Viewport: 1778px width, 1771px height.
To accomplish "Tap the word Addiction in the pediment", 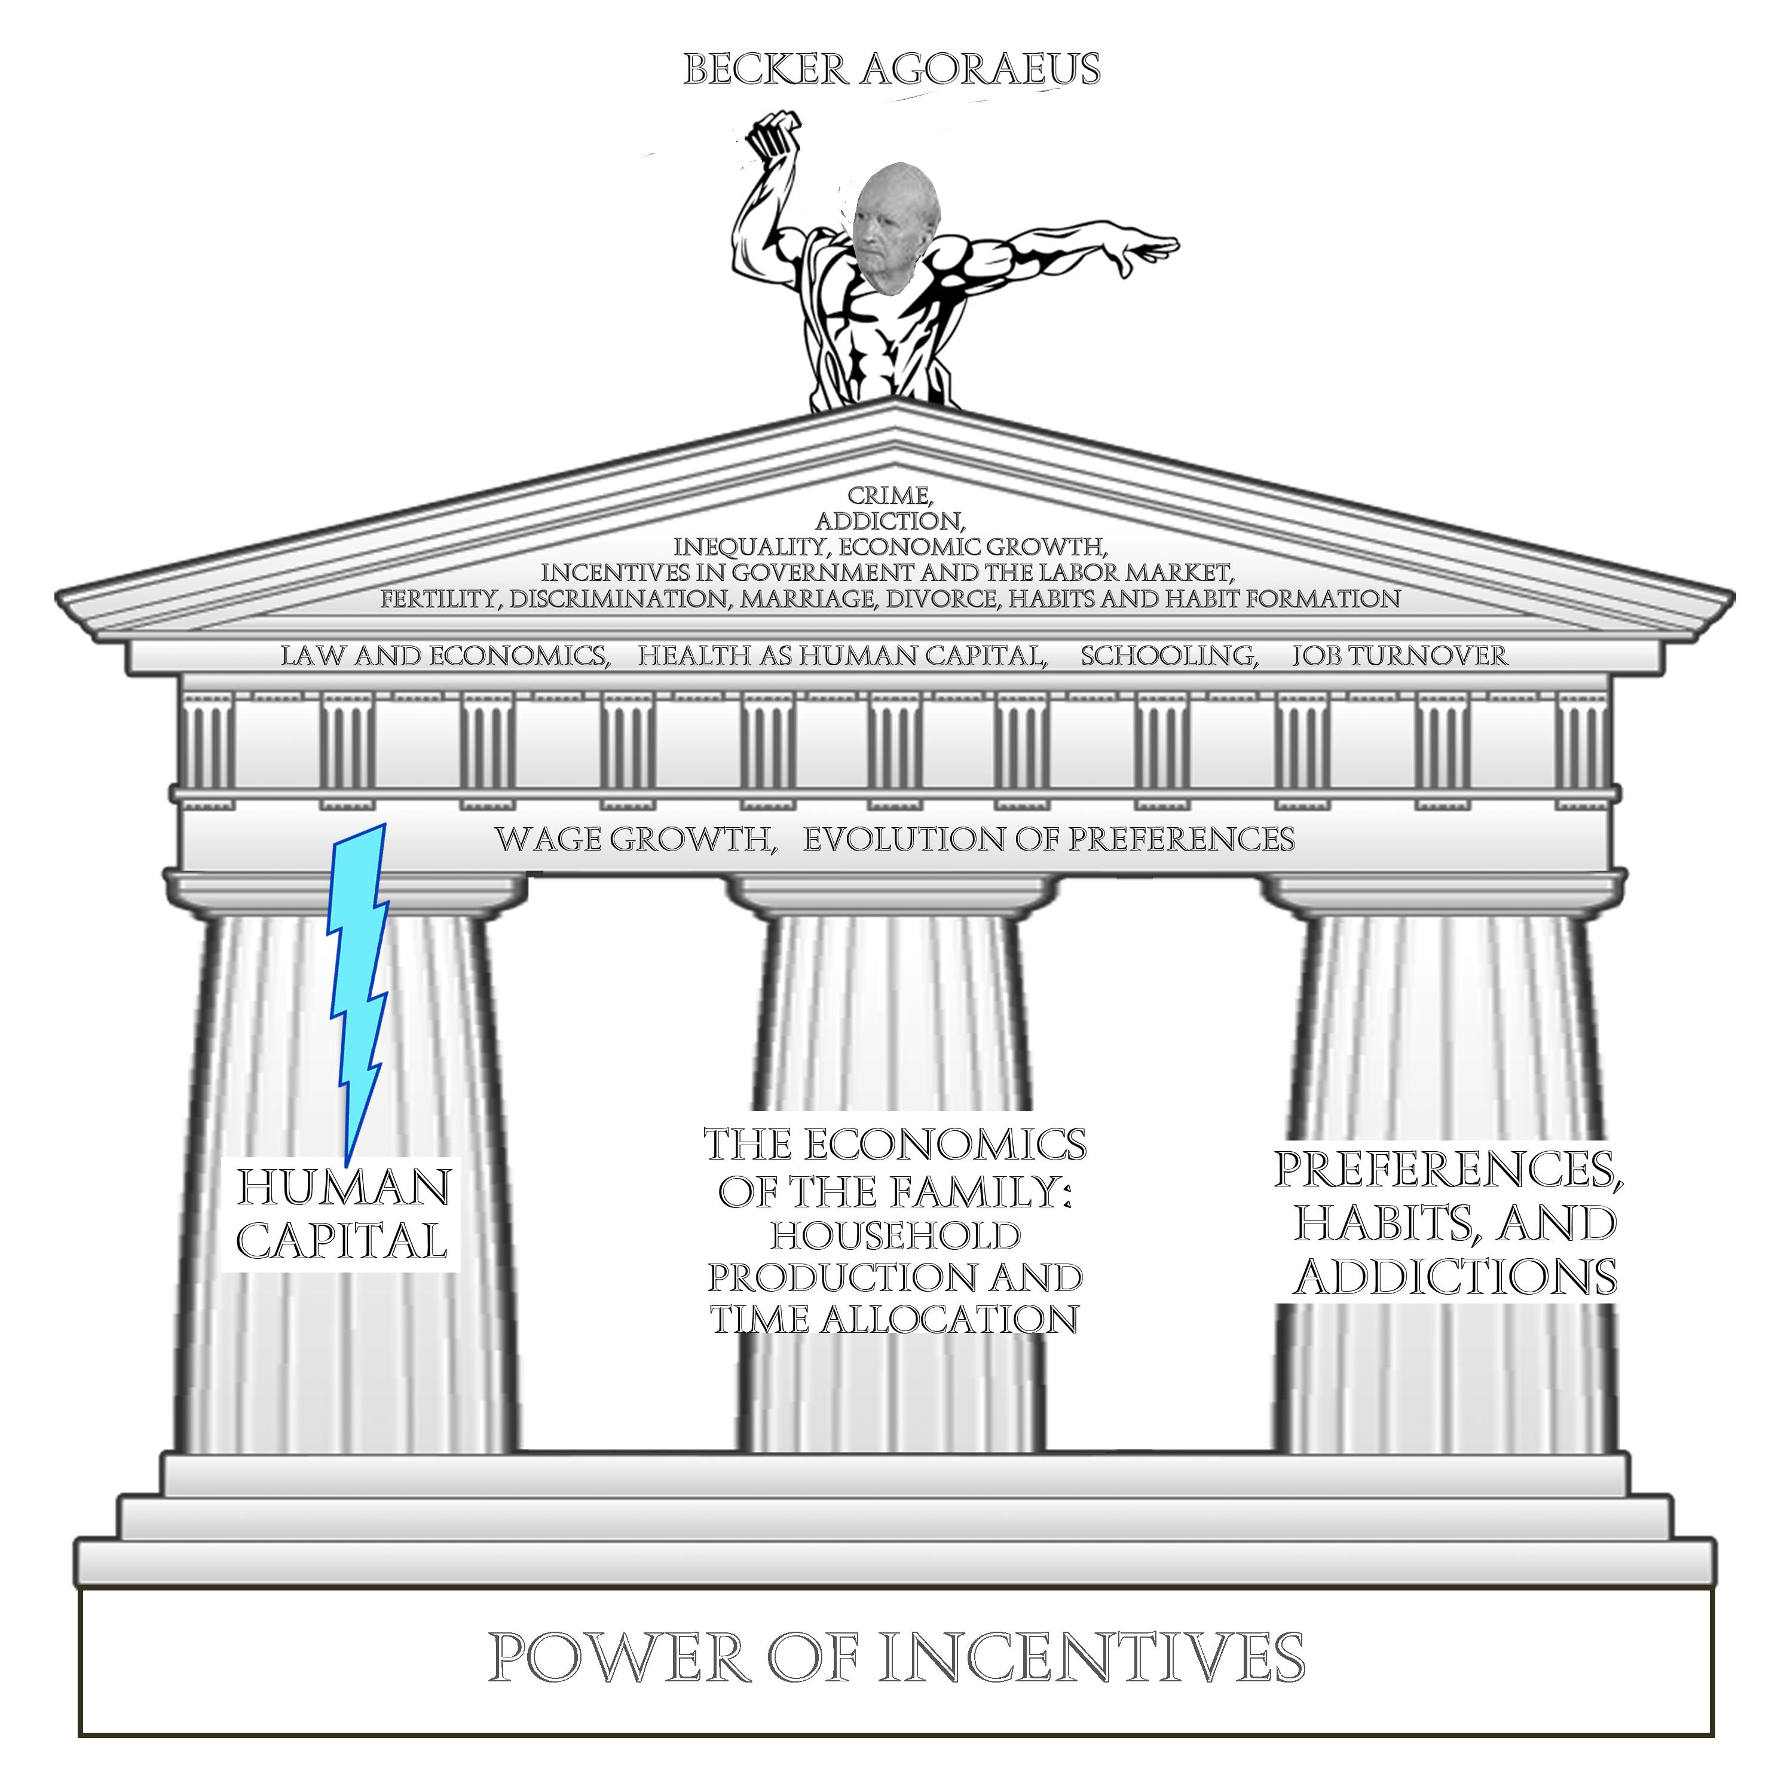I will point(889,522).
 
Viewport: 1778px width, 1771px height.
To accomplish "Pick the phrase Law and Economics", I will point(445,656).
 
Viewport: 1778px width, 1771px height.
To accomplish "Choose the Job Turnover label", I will point(1399,656).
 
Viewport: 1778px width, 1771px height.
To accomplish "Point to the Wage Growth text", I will point(635,839).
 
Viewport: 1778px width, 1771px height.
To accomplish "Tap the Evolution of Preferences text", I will point(1049,839).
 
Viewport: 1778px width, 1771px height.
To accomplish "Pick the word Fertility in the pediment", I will point(441,599).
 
